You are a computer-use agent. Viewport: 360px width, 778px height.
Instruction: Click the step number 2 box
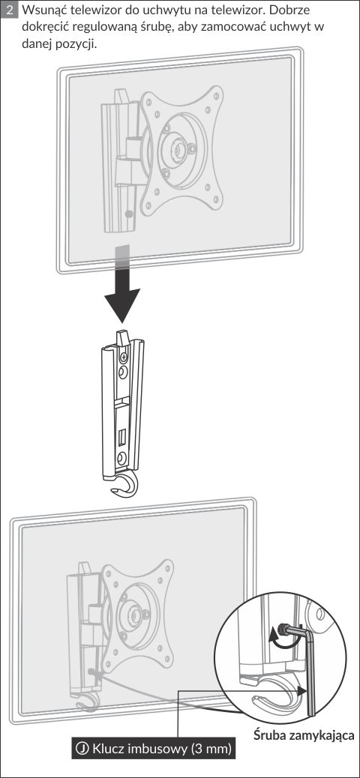[x=9, y=10]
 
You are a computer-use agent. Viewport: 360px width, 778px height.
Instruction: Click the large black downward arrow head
[x=122, y=306]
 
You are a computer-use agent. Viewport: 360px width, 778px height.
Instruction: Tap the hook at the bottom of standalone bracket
[x=124, y=484]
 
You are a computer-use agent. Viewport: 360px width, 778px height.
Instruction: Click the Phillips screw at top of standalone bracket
[x=124, y=355]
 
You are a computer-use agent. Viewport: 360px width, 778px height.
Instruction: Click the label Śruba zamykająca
[x=304, y=735]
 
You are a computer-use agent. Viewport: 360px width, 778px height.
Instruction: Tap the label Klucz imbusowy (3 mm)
[x=153, y=749]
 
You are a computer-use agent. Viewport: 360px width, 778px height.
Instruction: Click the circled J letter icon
[x=82, y=749]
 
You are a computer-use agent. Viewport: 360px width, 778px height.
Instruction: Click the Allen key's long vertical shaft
[x=310, y=675]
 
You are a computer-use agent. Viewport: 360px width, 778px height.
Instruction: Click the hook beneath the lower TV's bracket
[x=88, y=705]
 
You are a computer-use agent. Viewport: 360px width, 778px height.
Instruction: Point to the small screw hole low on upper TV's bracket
[x=129, y=214]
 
